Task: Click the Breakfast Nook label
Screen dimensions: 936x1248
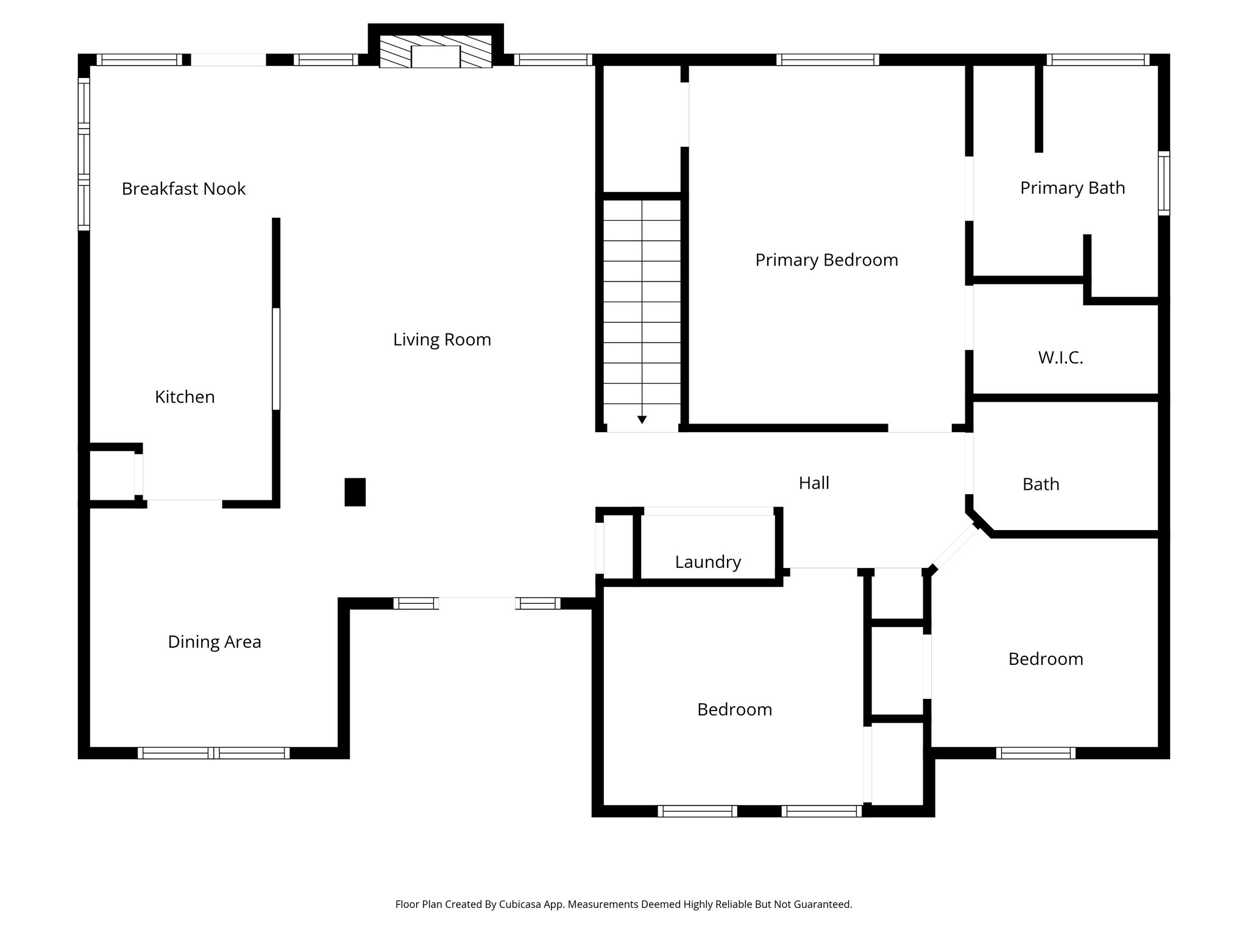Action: (x=183, y=189)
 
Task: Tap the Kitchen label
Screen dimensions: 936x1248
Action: (x=185, y=397)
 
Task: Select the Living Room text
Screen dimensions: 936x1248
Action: (x=442, y=339)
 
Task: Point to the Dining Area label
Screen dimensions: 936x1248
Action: (x=214, y=642)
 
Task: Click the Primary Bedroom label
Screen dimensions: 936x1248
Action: (x=826, y=260)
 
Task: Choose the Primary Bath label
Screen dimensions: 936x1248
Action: (x=1072, y=188)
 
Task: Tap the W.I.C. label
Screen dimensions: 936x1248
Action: (x=1060, y=358)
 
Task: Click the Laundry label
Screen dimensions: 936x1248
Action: (x=707, y=562)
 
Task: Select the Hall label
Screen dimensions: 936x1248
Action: (x=814, y=483)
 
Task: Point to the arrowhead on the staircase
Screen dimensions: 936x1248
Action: (x=642, y=419)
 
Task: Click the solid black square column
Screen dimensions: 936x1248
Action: (x=355, y=492)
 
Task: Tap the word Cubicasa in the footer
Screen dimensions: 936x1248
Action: (x=522, y=904)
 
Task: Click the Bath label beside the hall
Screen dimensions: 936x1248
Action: (x=1041, y=484)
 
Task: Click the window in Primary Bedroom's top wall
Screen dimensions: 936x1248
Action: (x=828, y=60)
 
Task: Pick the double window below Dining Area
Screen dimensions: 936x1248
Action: (x=213, y=753)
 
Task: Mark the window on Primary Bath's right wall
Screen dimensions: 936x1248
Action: (x=1163, y=183)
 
